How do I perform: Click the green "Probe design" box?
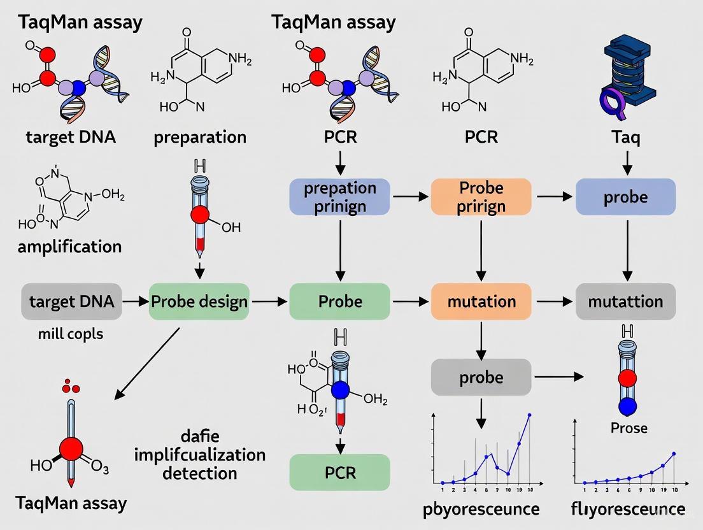click(x=199, y=301)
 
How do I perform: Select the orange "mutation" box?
click(x=481, y=301)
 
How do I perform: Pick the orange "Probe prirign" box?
click(x=481, y=197)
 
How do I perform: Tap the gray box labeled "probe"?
click(x=481, y=377)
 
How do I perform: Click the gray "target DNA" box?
click(x=71, y=301)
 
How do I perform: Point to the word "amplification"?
click(x=69, y=247)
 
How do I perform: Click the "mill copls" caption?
click(x=71, y=333)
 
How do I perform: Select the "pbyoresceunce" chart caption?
click(x=481, y=509)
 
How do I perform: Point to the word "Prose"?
click(x=628, y=427)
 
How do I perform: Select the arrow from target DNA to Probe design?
click(x=134, y=301)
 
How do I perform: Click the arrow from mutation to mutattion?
click(x=553, y=301)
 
